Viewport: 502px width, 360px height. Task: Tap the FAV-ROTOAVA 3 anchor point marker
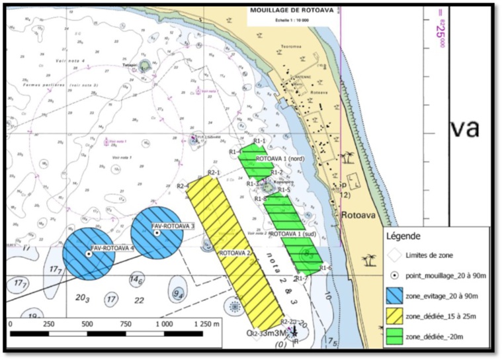pos(157,232)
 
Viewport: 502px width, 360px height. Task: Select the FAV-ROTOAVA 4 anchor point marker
pos(89,253)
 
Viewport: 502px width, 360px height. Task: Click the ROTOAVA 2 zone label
pos(233,252)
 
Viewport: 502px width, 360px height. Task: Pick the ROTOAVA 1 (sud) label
pos(292,234)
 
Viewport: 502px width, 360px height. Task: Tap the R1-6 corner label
pos(325,267)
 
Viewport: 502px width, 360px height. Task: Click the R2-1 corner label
pos(213,173)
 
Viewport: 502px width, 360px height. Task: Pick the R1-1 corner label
pos(259,141)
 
